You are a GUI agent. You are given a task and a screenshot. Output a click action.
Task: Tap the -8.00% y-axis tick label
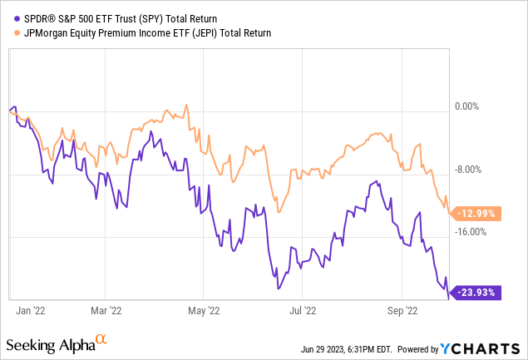pyautogui.click(x=468, y=170)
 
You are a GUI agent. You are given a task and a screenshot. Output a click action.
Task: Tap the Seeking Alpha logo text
pyautogui.click(x=49, y=343)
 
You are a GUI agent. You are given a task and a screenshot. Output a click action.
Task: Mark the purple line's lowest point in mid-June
pyautogui.click(x=279, y=288)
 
